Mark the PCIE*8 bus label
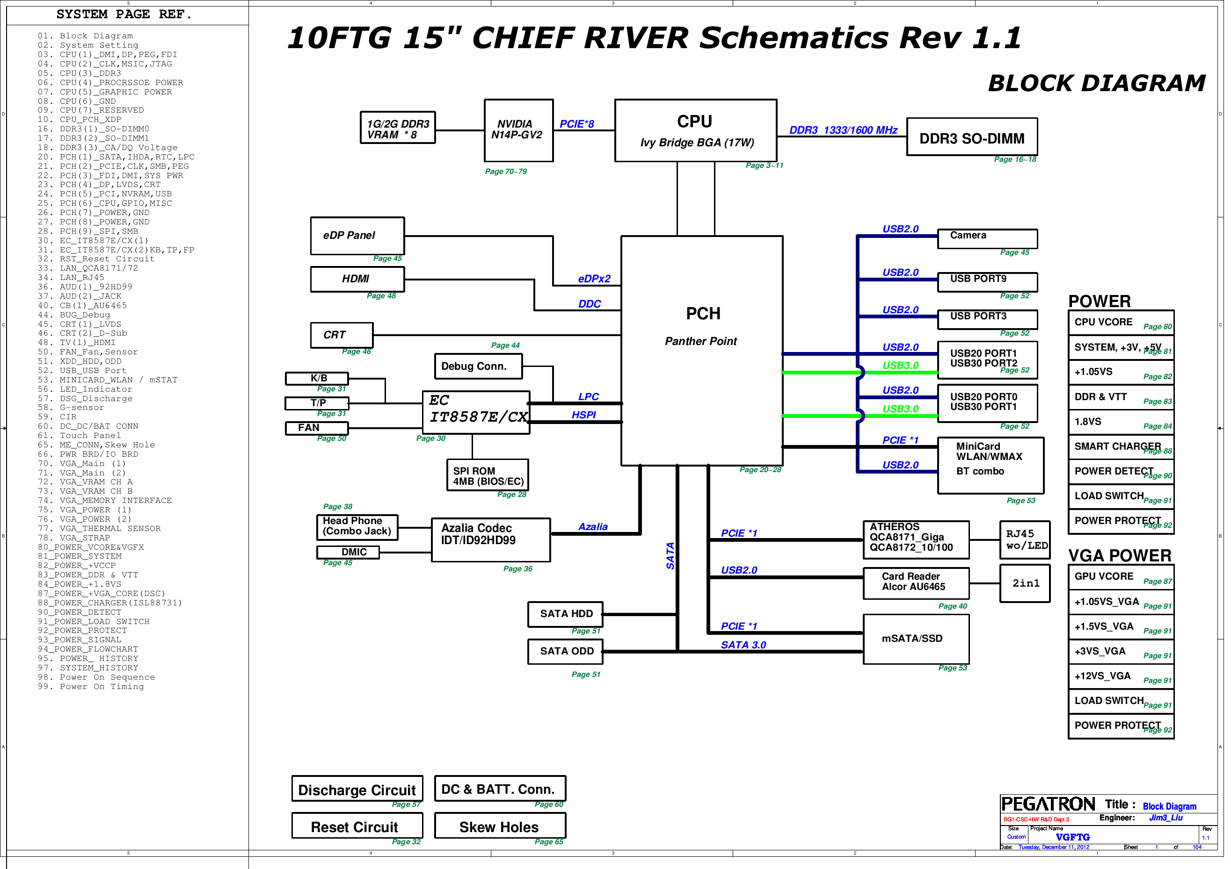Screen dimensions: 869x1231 pyautogui.click(x=580, y=124)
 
